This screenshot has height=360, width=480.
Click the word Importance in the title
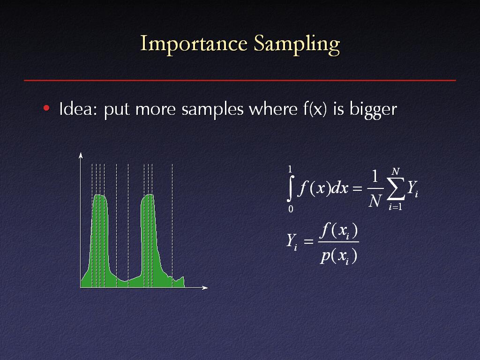(194, 44)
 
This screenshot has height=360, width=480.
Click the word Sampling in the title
(297, 45)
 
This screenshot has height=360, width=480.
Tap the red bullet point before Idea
(46, 108)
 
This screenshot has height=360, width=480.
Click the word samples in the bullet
(212, 109)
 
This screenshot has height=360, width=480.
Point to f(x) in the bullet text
(315, 109)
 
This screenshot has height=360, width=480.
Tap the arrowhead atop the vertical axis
(81, 155)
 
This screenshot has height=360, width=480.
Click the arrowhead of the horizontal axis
(205, 287)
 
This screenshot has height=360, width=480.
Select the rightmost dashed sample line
(172, 225)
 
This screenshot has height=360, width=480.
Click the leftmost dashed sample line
(92, 225)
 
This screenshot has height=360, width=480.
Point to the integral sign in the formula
(291, 188)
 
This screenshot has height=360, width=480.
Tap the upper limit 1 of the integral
(290, 169)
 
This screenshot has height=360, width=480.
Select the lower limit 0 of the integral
(291, 209)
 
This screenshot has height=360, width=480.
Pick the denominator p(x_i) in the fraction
(338, 256)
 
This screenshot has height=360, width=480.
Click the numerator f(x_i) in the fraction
(338, 231)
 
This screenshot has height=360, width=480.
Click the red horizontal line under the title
(240, 80)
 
